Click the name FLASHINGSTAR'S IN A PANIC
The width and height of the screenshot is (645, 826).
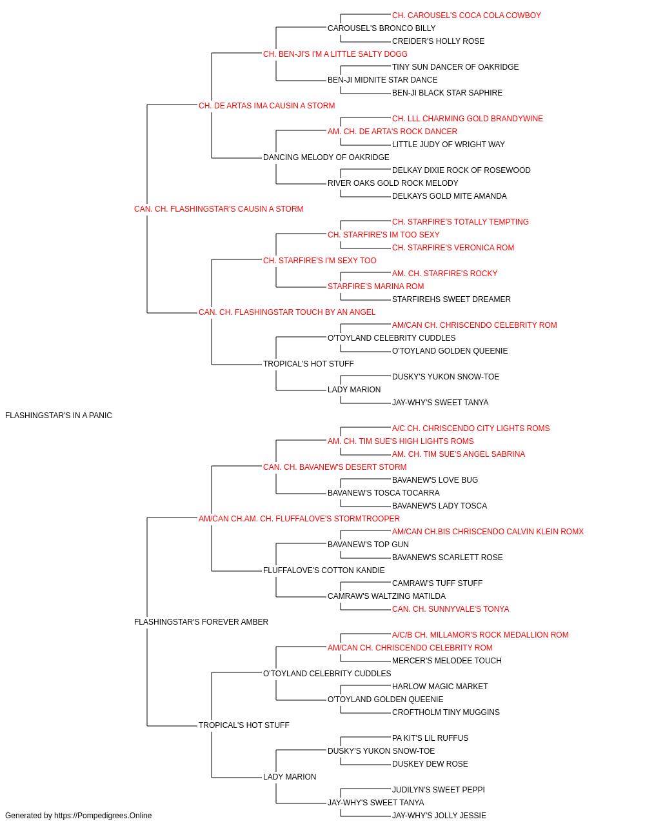pyautogui.click(x=59, y=416)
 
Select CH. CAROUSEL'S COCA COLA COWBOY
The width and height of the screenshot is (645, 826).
pyautogui.click(x=466, y=15)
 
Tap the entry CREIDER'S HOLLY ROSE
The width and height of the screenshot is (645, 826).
pyautogui.click(x=439, y=41)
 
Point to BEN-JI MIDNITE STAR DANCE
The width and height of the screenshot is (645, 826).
pyautogui.click(x=382, y=80)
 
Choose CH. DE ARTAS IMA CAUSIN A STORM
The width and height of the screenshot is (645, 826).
pyautogui.click(x=266, y=106)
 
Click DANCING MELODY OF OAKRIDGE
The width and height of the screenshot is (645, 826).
pyautogui.click(x=326, y=157)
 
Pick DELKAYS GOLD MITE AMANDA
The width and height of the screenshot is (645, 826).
pyautogui.click(x=450, y=196)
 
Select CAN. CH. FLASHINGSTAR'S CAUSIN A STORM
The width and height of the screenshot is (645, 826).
pyautogui.click(x=219, y=209)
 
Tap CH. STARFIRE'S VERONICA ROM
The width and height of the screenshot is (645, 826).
pyautogui.click(x=453, y=248)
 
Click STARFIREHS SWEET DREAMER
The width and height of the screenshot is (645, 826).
pyautogui.click(x=451, y=299)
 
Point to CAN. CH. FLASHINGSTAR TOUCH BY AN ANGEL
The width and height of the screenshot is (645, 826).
pyautogui.click(x=287, y=312)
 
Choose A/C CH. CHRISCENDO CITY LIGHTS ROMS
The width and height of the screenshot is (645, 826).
pyautogui.click(x=471, y=428)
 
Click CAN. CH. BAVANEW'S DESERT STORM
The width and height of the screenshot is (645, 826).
pyautogui.click(x=335, y=467)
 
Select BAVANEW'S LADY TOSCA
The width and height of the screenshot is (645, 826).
pyautogui.click(x=439, y=506)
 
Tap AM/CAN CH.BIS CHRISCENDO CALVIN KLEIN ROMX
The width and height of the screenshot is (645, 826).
pyautogui.click(x=488, y=532)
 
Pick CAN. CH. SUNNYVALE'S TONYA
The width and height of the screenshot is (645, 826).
pyautogui.click(x=450, y=609)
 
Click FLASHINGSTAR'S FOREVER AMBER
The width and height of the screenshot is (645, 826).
pyautogui.click(x=201, y=622)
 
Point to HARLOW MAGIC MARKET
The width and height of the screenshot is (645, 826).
pyautogui.click(x=440, y=687)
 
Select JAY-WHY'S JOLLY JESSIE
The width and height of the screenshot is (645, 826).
pyautogui.click(x=439, y=816)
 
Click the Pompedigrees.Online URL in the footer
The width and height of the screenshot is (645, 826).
pyautogui.click(x=103, y=816)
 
